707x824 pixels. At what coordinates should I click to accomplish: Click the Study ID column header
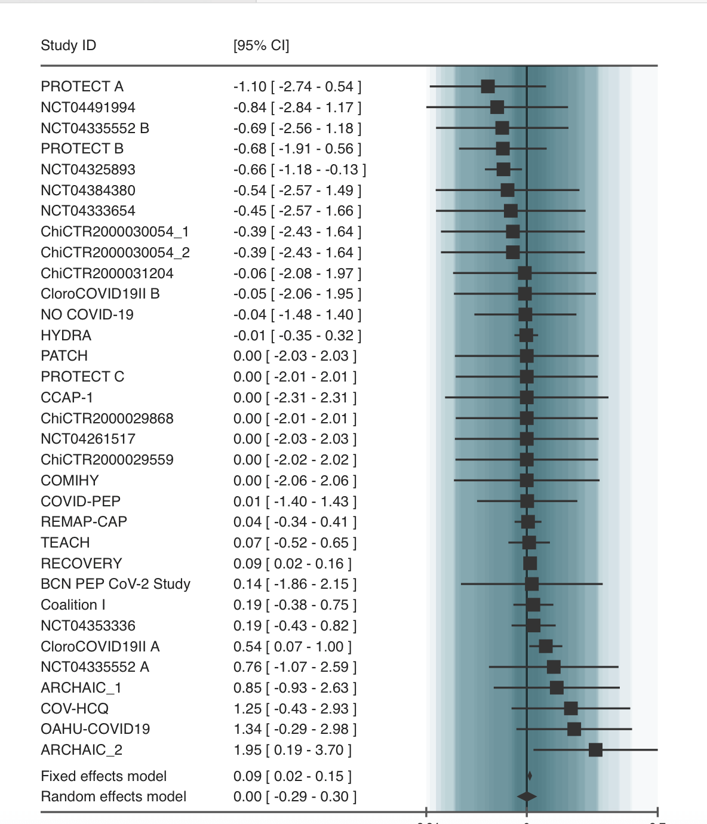(x=68, y=45)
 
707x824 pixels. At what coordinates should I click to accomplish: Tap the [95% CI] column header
(x=261, y=45)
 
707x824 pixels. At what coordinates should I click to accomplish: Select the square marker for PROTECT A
(x=488, y=86)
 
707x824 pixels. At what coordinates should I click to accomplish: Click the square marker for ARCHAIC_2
(x=595, y=749)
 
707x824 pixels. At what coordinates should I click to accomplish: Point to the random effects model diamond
(x=527, y=797)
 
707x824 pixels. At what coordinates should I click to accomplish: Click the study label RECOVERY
(x=81, y=563)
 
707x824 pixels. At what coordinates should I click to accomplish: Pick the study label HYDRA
(x=66, y=335)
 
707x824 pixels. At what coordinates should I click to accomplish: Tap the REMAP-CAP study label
(x=84, y=521)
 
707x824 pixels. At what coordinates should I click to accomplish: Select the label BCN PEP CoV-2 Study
(x=115, y=583)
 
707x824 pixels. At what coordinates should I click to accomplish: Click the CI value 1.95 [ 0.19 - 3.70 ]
(x=292, y=749)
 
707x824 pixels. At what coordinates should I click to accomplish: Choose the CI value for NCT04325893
(x=300, y=169)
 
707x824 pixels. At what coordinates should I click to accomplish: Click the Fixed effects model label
(x=103, y=776)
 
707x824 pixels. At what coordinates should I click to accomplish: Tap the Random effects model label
(x=113, y=796)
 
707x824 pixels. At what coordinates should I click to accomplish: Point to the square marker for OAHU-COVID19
(x=574, y=728)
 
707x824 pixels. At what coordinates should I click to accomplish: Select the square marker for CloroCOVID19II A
(x=546, y=646)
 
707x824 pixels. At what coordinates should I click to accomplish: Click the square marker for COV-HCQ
(x=571, y=708)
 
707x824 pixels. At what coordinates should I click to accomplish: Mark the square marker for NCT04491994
(x=497, y=107)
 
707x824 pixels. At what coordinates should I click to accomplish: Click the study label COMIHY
(x=69, y=480)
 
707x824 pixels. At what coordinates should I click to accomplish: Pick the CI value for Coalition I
(x=295, y=604)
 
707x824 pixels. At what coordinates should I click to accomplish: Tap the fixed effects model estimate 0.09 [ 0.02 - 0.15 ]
(x=292, y=776)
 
